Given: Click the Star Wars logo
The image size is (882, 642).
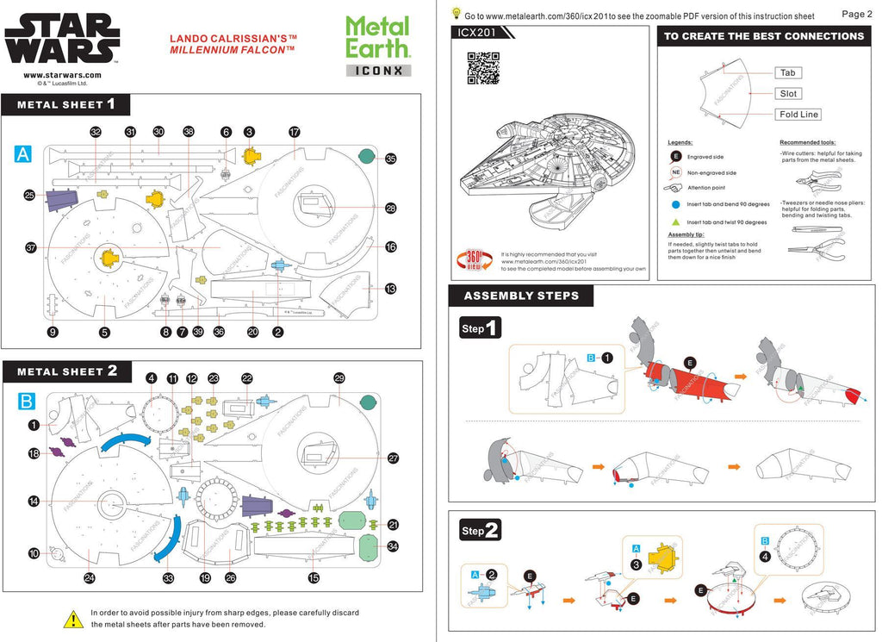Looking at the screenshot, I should coord(62,40).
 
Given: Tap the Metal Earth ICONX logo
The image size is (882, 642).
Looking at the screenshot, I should coord(378,47).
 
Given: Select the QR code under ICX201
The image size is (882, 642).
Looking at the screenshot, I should coord(483,68).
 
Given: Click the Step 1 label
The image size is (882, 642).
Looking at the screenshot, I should coord(481,328).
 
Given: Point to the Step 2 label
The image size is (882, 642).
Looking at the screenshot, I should coord(481,531).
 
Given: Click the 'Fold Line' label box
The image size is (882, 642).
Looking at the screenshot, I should coord(798,115).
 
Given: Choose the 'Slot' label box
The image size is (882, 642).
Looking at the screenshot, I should coord(788,94).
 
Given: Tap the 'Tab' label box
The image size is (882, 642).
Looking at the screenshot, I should coord(787,73).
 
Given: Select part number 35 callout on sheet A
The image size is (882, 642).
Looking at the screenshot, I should coord(390,159).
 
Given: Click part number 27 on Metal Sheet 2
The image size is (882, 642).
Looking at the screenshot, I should coord(393,458).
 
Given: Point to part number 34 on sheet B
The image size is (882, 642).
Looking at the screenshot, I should coord(393,546).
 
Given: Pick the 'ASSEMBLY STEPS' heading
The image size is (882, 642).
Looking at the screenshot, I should coord(521,296).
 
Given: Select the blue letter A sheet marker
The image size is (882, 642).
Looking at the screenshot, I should coord(23,154).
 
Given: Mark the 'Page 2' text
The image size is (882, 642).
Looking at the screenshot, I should coord(856,14).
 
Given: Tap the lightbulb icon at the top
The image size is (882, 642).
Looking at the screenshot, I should coord(455,13).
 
